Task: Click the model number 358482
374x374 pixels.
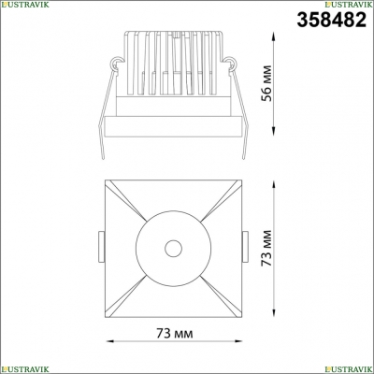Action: [331, 20]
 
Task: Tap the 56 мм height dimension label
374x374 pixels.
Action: [267, 83]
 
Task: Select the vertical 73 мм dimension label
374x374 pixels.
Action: [267, 248]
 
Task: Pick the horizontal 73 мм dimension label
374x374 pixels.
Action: [175, 334]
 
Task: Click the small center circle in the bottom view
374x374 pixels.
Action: [173, 249]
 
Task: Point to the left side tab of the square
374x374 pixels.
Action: [102, 247]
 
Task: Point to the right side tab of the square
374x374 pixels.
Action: [245, 247]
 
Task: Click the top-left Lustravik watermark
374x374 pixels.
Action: [24, 4]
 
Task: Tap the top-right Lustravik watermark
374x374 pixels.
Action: [349, 4]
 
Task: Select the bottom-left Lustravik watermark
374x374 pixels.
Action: [24, 369]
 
